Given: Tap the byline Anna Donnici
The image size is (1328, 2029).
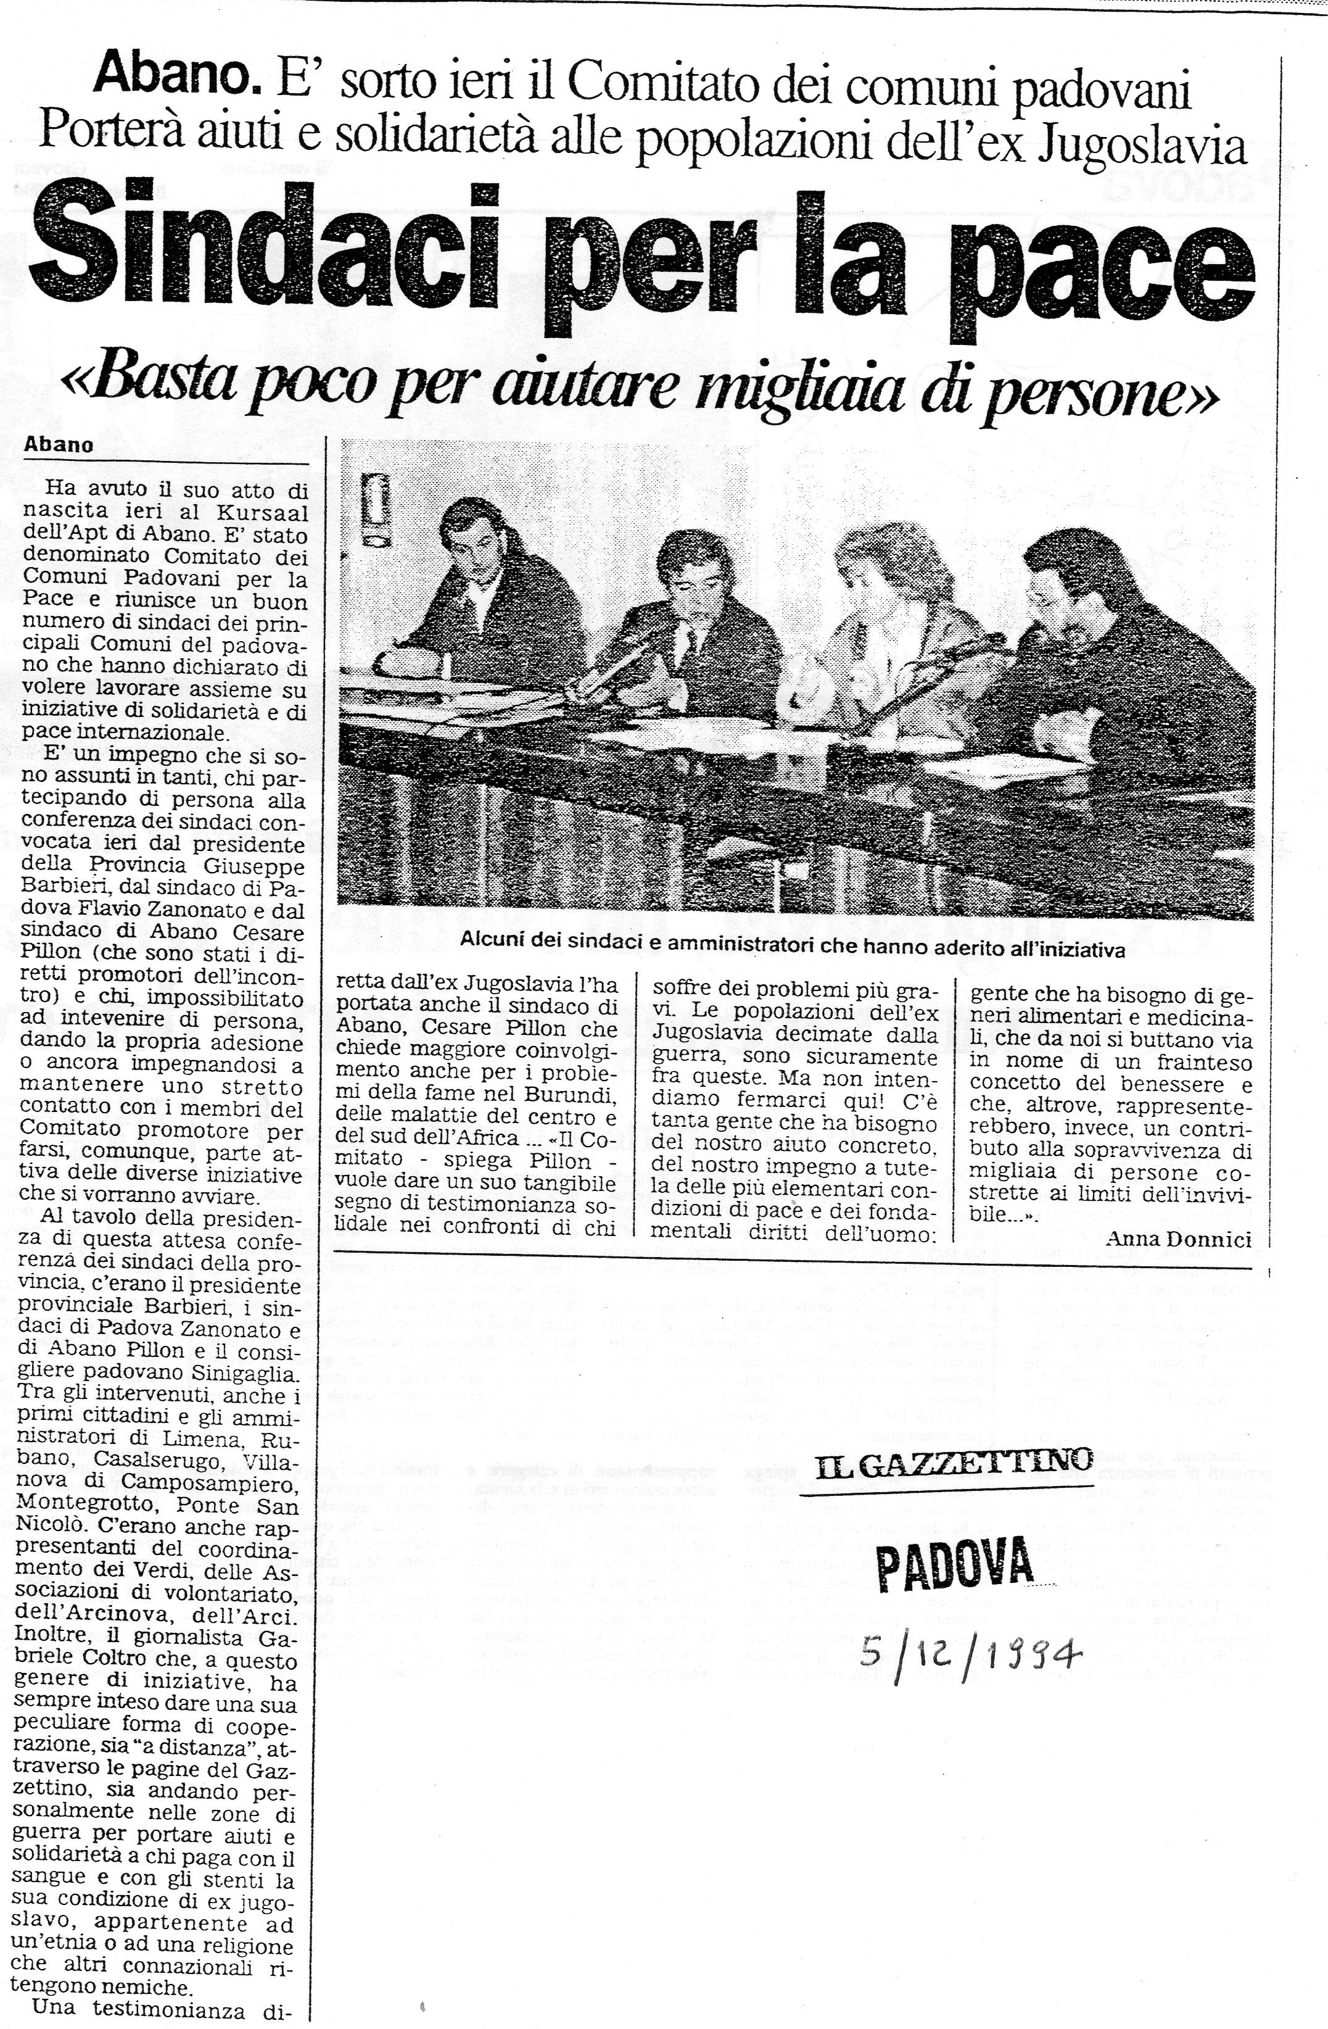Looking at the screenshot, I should (1178, 1240).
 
